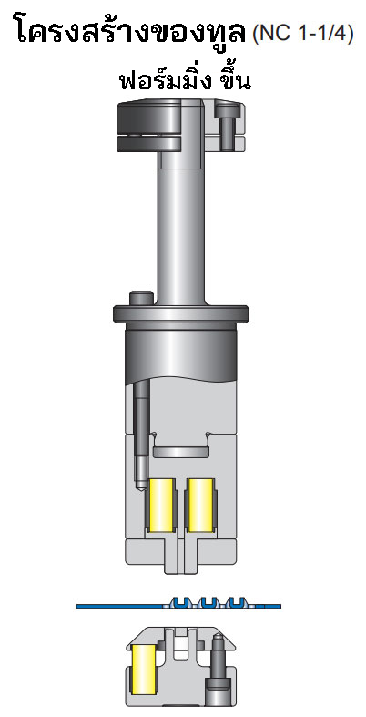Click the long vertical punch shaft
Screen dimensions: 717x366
[181, 228]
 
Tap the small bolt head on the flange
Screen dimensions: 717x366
[141, 298]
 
